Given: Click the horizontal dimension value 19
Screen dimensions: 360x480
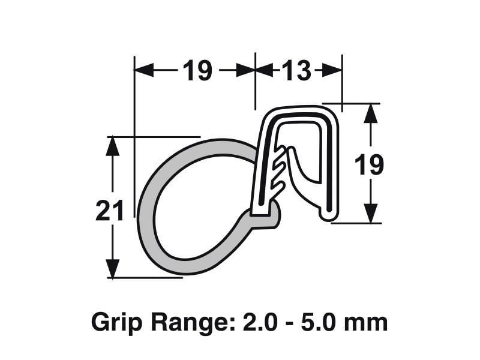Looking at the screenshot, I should coord(197,71).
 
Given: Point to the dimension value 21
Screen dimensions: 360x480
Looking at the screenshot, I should coord(110,211).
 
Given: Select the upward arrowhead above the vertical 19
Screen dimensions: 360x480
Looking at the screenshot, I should coord(372,114).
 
